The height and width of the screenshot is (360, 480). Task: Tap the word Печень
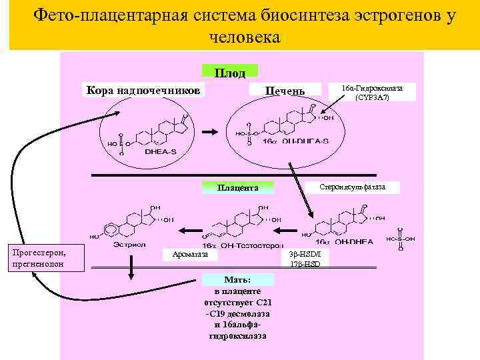[x=285, y=91]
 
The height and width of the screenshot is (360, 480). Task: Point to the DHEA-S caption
[x=161, y=151]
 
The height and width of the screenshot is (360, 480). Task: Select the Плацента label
[x=237, y=188]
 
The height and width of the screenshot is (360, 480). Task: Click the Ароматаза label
[x=191, y=254]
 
